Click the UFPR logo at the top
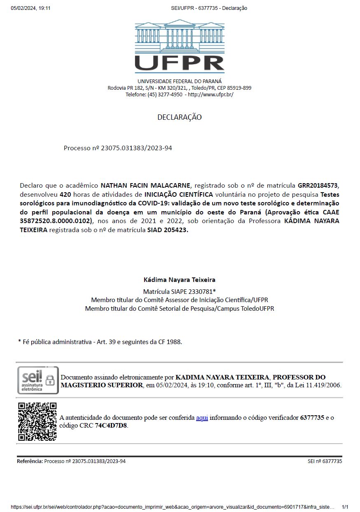(x=180, y=46)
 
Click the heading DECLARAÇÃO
(x=180, y=117)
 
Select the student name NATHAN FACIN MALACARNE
(x=146, y=186)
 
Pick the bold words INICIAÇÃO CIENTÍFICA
(x=179, y=194)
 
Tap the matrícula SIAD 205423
(x=168, y=230)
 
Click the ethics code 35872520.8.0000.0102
(x=55, y=221)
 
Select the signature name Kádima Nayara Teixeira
(x=180, y=280)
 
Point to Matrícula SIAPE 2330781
(x=180, y=291)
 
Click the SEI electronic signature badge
(x=38, y=380)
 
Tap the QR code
(x=37, y=421)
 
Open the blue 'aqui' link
(x=202, y=418)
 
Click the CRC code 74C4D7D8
(x=111, y=426)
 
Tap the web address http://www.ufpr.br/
(x=210, y=95)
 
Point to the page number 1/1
(x=345, y=507)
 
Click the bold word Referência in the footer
(x=30, y=461)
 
